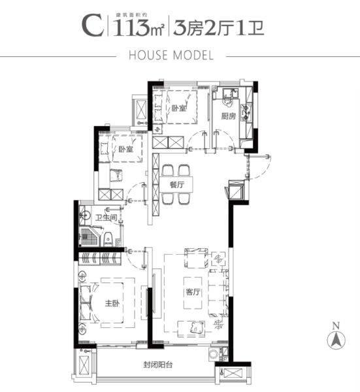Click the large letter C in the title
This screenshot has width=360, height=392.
click(x=91, y=26)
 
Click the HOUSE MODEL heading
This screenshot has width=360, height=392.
click(x=180, y=56)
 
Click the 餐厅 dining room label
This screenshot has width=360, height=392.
click(x=176, y=185)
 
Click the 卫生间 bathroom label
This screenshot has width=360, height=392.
click(x=105, y=218)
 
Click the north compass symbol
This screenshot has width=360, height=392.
click(x=336, y=340)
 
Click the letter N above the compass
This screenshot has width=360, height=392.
click(x=336, y=325)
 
